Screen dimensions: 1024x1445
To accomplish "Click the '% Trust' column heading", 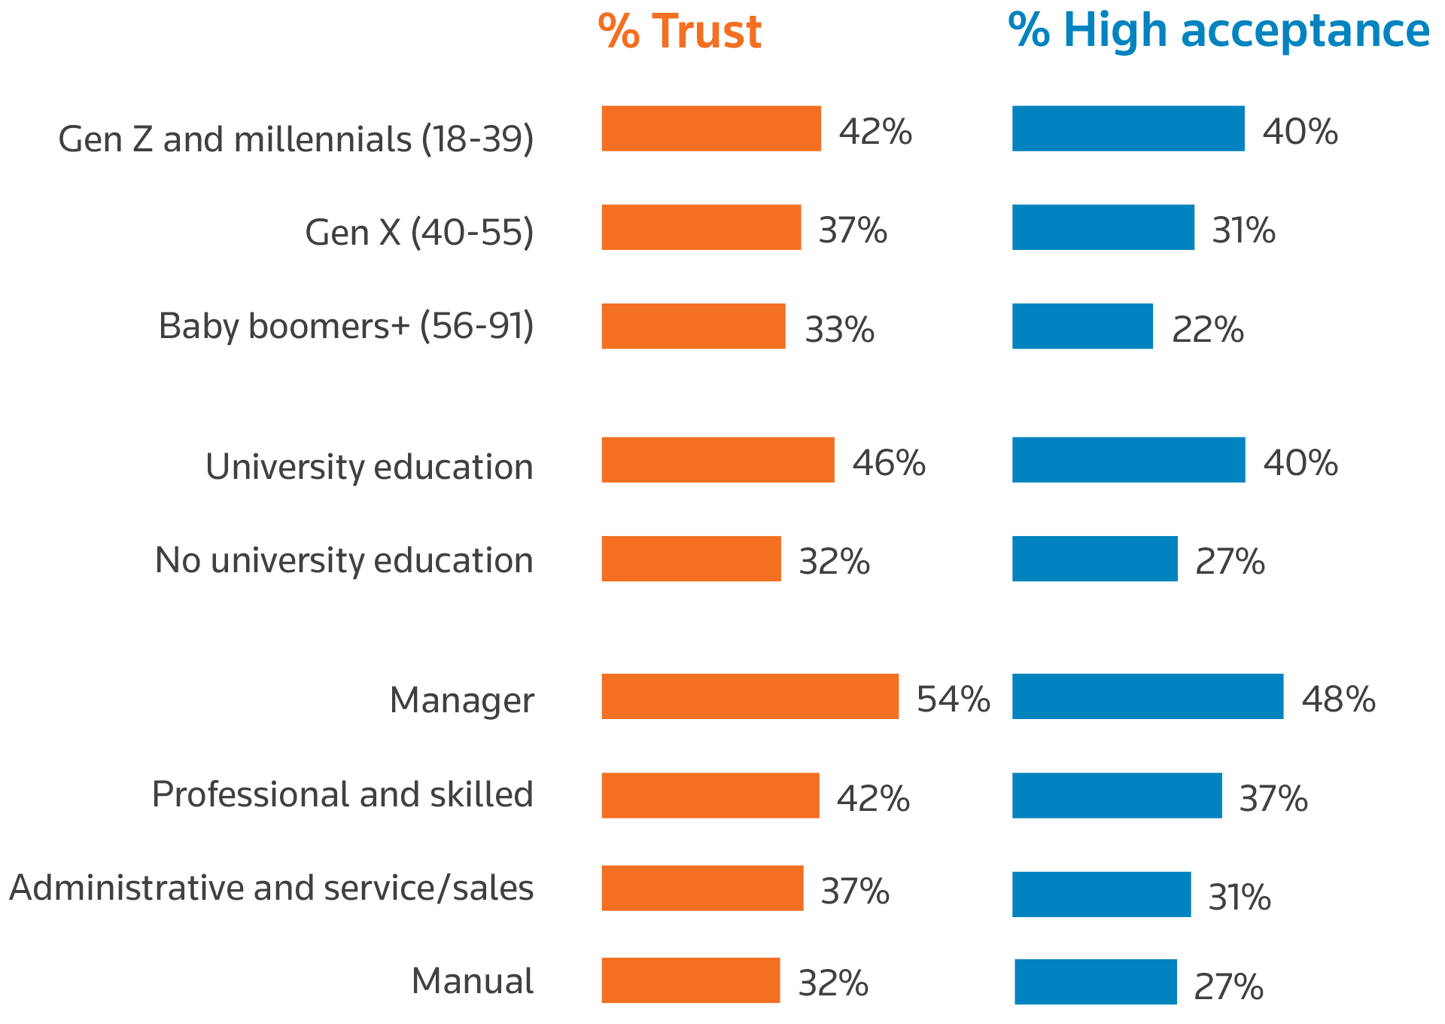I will [680, 32].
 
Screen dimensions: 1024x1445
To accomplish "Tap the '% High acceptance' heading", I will [1218, 32].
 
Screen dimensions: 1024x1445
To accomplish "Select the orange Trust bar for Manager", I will [750, 696].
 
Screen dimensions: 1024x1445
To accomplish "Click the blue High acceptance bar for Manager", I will [1147, 696].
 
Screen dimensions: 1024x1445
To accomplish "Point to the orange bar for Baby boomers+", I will [693, 326].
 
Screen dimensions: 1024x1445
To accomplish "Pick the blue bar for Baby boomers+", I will [1082, 326].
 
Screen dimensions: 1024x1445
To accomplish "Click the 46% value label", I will [889, 462].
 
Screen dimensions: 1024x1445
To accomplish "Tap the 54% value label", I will [954, 699].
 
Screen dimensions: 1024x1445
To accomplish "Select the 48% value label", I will [1339, 699].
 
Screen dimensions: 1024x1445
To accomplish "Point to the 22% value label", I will [1208, 330].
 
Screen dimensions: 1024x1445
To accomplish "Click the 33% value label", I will [840, 330].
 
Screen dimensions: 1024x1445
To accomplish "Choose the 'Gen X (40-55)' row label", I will [419, 232].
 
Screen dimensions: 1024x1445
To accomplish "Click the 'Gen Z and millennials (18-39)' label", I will [296, 139].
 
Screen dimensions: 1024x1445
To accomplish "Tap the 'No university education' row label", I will [344, 560].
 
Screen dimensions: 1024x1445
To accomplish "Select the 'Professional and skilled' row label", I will [342, 794].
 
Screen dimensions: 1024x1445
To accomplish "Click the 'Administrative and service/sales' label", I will [272, 888].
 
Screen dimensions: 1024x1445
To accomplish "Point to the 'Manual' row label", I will [473, 981].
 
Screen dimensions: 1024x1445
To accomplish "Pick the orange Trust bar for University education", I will [718, 460].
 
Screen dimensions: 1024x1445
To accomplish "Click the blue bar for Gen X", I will [1103, 227].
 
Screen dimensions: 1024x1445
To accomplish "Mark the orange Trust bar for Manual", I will [691, 980].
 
